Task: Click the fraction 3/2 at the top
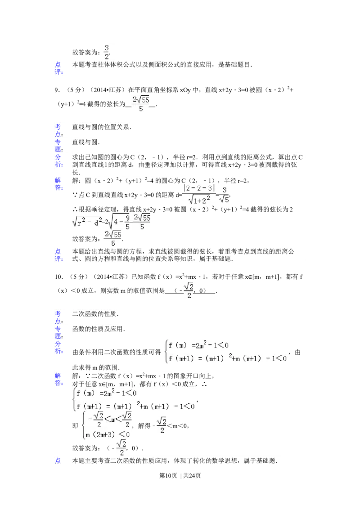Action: pos(107,52)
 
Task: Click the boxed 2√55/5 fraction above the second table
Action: pos(140,104)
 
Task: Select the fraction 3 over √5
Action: pos(224,194)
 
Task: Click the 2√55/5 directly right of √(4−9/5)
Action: pos(142,222)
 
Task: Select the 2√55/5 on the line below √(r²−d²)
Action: pos(113,238)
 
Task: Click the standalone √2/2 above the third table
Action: pos(189,290)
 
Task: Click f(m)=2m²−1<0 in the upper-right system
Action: pos(198,346)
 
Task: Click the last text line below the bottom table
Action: pos(175,460)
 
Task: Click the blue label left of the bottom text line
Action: pos(58,460)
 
